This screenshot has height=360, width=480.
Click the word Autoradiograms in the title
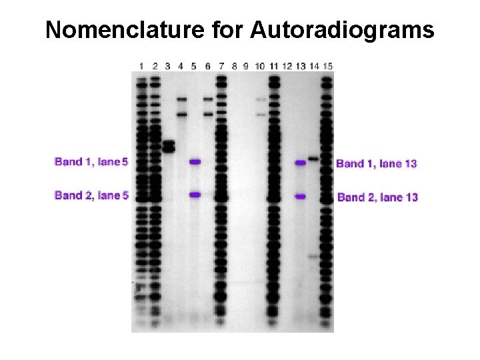pos(343,30)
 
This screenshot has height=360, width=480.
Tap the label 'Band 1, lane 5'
pos(91,162)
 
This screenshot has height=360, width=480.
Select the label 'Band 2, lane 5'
pos(91,195)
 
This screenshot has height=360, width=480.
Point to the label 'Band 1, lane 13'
pos(377,163)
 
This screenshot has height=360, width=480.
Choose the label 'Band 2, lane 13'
pos(377,197)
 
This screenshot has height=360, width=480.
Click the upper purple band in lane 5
pos(195,161)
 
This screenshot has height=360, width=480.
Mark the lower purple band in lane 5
pos(195,195)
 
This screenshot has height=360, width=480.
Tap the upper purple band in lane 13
pos(301,162)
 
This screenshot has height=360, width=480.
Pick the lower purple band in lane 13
pos(301,197)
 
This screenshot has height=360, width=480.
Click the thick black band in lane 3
pos(168,146)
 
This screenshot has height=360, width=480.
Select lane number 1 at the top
pos(141,65)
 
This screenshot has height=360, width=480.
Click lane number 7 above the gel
pos(221,65)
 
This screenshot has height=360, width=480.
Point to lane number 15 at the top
pos(327,65)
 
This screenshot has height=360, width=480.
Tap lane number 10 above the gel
pos(260,65)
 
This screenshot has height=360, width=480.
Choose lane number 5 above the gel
pos(194,65)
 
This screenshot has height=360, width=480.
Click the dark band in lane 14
pos(313,159)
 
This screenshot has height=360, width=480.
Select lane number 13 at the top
pos(301,65)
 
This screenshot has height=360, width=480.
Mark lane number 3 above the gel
pos(167,65)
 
